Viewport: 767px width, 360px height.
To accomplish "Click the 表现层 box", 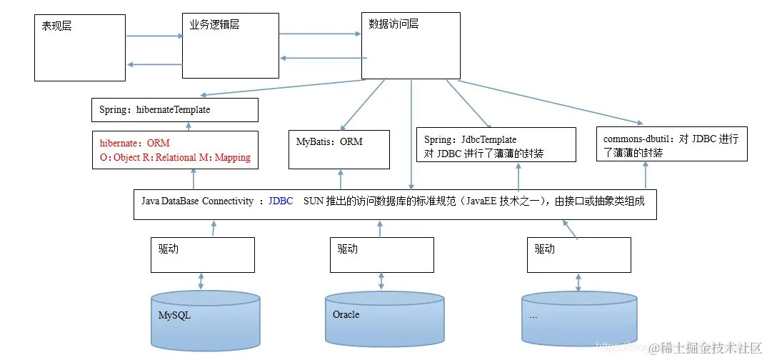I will [x=79, y=46].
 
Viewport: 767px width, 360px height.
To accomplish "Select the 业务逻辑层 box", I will [x=229, y=45].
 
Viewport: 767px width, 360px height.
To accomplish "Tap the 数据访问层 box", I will [x=411, y=44].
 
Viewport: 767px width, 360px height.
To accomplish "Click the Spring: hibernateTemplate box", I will [x=174, y=110].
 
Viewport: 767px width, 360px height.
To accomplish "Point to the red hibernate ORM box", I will [x=175, y=150].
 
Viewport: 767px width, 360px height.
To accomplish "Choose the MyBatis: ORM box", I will [x=339, y=149].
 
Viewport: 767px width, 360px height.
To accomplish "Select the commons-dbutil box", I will [x=671, y=144].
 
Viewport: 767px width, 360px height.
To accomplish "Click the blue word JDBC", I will [x=281, y=201].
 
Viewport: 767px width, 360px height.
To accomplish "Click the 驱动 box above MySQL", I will [x=202, y=254].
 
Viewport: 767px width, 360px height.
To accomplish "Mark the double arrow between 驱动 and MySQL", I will [x=201, y=281].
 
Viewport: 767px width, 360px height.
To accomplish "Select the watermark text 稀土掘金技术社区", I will [x=711, y=348].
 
